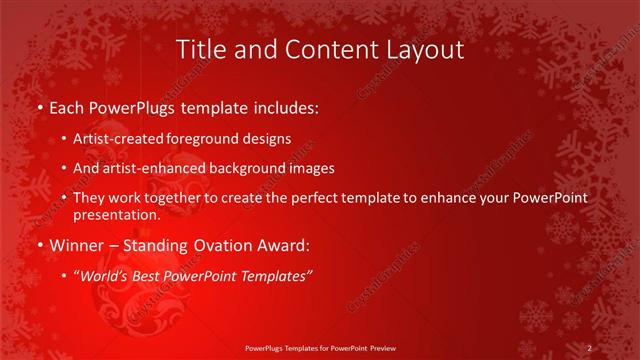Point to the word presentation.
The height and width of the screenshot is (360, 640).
coord(116,214)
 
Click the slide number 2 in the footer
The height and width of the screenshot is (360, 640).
coord(590,348)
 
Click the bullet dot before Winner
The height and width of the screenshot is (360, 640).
coord(39,245)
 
